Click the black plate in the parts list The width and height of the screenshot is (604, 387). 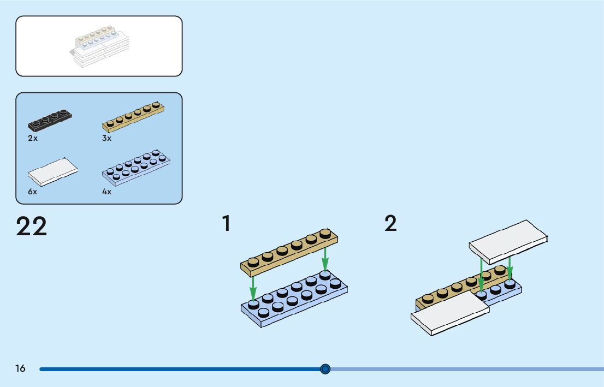(50, 121)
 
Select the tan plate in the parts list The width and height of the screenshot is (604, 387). (133, 117)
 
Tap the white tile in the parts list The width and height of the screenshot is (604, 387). (53, 172)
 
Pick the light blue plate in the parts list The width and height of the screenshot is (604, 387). (136, 168)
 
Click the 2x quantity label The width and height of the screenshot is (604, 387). (33, 138)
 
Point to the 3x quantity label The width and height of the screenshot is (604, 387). (106, 138)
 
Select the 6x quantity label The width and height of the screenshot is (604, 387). (33, 192)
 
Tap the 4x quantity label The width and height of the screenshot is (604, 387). (106, 192)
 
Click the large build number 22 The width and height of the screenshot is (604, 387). (32, 226)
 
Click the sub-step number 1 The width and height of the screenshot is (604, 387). (227, 223)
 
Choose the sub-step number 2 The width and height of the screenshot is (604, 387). (390, 223)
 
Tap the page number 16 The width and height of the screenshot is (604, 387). (20, 368)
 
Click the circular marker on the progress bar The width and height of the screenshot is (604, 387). (325, 369)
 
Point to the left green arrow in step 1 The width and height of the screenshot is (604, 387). (253, 288)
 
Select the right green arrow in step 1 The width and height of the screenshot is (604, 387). (325, 259)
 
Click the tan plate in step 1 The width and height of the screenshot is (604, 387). (289, 252)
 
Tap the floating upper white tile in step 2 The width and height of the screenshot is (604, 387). (508, 242)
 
